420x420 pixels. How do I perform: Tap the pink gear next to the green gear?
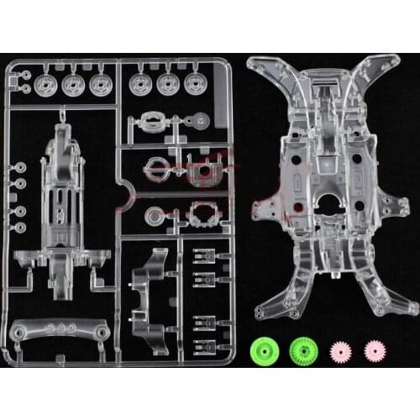(339, 349)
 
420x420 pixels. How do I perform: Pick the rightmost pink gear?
(373, 349)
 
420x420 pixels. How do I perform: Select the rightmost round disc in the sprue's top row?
(196, 83)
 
